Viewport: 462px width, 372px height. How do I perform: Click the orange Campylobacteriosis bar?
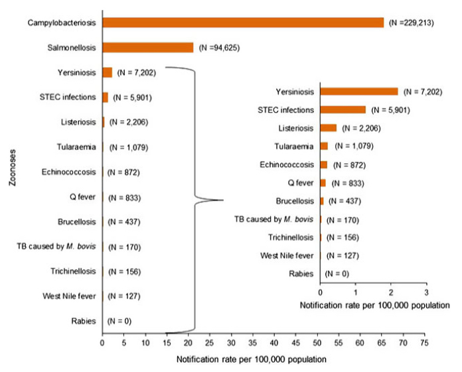point(243,23)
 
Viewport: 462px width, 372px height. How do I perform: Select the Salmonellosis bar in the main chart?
point(147,47)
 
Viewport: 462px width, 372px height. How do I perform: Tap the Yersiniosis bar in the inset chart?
point(358,92)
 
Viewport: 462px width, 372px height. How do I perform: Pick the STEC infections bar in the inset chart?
point(343,109)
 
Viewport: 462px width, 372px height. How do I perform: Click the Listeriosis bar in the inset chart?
point(328,128)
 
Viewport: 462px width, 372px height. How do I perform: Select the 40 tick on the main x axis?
point(273,343)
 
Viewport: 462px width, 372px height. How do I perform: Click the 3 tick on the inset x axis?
point(426,292)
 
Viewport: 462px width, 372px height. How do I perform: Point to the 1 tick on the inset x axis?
point(356,292)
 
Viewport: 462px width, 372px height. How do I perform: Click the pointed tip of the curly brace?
point(222,200)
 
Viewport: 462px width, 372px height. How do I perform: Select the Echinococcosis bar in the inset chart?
point(324,164)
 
